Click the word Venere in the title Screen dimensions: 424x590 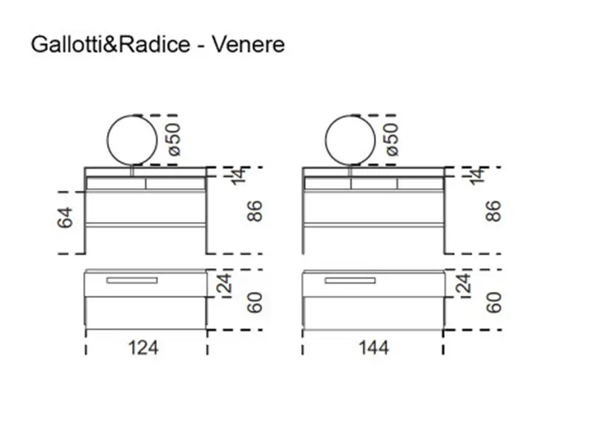pyautogui.click(x=249, y=45)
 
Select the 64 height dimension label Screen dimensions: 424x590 pyautogui.click(x=66, y=218)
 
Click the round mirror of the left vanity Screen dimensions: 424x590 pyautogui.click(x=133, y=139)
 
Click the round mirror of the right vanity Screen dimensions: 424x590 pyautogui.click(x=350, y=139)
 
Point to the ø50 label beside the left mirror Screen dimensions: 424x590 pyautogui.click(x=172, y=138)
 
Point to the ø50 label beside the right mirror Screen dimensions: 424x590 pyautogui.click(x=391, y=138)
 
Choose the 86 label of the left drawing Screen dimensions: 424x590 pyautogui.click(x=256, y=212)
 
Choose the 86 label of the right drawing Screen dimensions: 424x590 pyautogui.click(x=493, y=212)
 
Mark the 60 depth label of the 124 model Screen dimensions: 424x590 pyautogui.click(x=255, y=302)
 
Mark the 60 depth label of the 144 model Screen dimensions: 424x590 pyautogui.click(x=493, y=302)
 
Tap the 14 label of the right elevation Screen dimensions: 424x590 pyautogui.click(x=477, y=175)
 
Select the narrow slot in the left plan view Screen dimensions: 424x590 pyautogui.click(x=132, y=281)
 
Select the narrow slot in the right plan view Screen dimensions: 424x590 pyautogui.click(x=350, y=281)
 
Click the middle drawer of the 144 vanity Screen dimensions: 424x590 pyautogui.click(x=373, y=183)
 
